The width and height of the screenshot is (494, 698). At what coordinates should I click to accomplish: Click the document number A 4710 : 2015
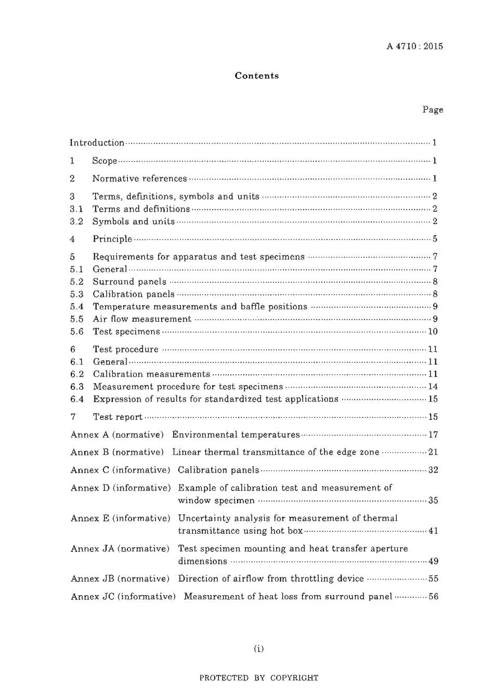click(x=414, y=46)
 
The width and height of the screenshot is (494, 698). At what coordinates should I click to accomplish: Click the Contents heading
click(x=256, y=76)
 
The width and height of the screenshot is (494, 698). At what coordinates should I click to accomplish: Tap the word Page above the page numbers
click(x=433, y=110)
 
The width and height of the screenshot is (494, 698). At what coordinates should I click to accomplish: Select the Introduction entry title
click(x=97, y=143)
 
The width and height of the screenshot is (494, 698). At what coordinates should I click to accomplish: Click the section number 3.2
click(x=76, y=221)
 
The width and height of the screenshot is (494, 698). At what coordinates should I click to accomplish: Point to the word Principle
click(x=112, y=239)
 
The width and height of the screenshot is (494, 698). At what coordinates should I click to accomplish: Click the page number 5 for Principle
click(x=435, y=239)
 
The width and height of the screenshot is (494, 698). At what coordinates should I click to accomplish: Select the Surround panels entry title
click(x=129, y=282)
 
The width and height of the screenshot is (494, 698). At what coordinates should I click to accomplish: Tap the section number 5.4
click(x=76, y=307)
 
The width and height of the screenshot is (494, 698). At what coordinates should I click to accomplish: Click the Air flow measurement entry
click(x=142, y=319)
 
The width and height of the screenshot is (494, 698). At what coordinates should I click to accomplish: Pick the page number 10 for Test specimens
click(x=433, y=332)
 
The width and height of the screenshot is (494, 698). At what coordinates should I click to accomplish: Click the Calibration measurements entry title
click(x=151, y=374)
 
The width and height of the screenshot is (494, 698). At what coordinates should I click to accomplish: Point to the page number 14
click(x=433, y=387)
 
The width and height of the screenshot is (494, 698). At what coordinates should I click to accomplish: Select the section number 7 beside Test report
click(x=73, y=417)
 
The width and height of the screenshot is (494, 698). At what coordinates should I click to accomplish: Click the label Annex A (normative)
click(x=117, y=434)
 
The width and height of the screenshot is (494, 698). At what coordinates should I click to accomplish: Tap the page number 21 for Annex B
click(x=433, y=452)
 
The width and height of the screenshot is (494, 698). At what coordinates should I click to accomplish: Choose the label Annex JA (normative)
click(x=120, y=548)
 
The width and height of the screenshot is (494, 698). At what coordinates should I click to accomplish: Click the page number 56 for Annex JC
click(x=433, y=597)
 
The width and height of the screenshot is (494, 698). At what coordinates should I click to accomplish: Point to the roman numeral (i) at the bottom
click(x=258, y=648)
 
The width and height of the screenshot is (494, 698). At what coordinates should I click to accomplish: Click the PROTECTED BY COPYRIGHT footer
click(x=258, y=678)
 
